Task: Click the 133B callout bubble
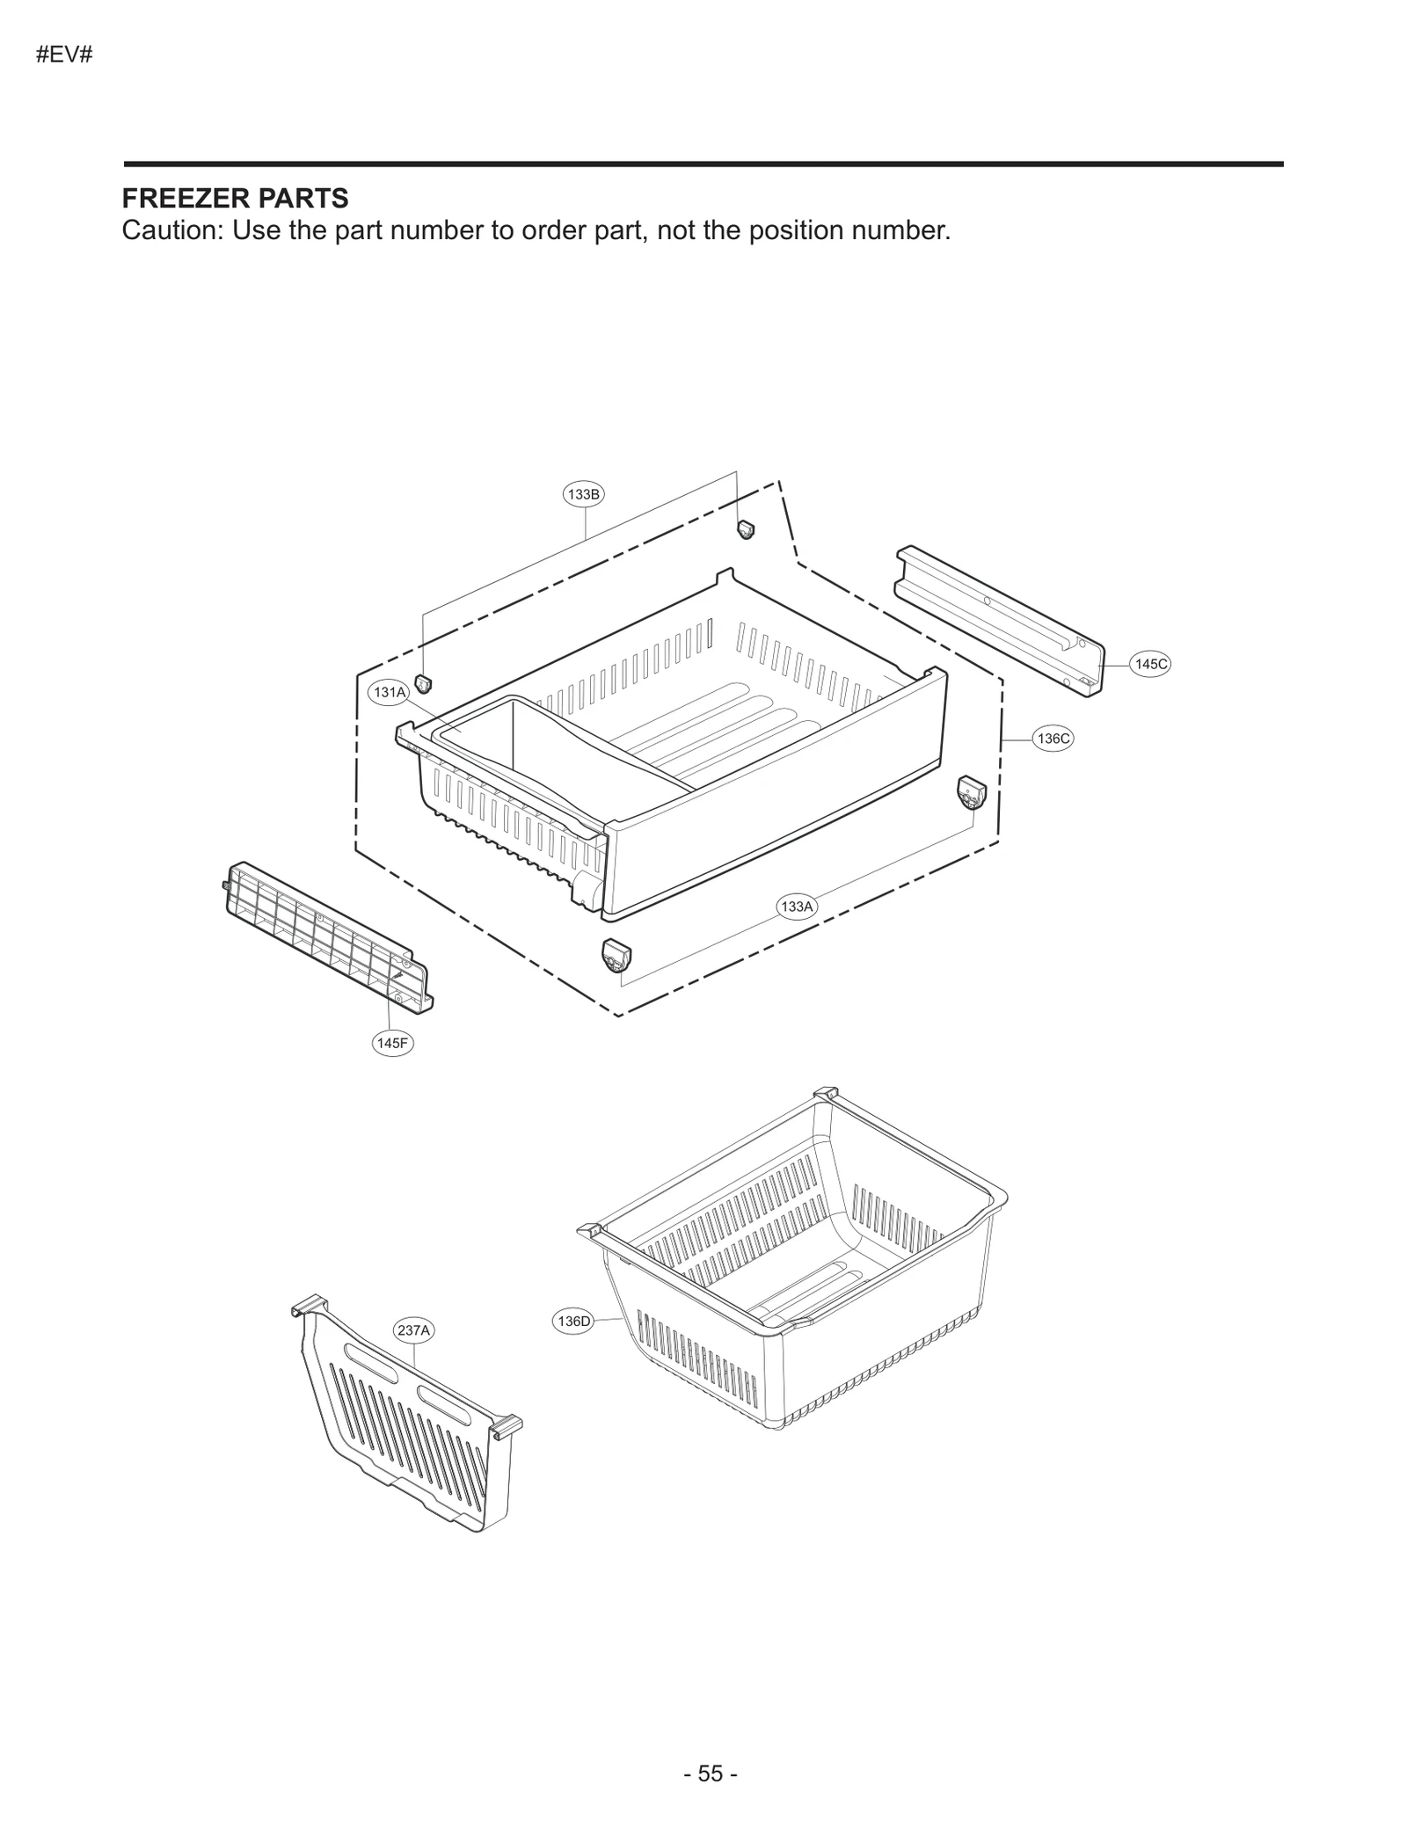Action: point(583,494)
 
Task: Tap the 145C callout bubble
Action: point(1150,664)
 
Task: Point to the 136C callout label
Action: point(1053,739)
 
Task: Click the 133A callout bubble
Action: point(797,906)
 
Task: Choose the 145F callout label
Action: point(392,1043)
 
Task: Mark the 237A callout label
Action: point(413,1330)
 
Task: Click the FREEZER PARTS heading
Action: point(235,199)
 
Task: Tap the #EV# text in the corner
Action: point(65,55)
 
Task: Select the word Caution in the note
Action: point(171,230)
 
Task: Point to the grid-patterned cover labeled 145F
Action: point(325,936)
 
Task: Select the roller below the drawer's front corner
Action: point(616,955)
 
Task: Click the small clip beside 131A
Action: point(424,683)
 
